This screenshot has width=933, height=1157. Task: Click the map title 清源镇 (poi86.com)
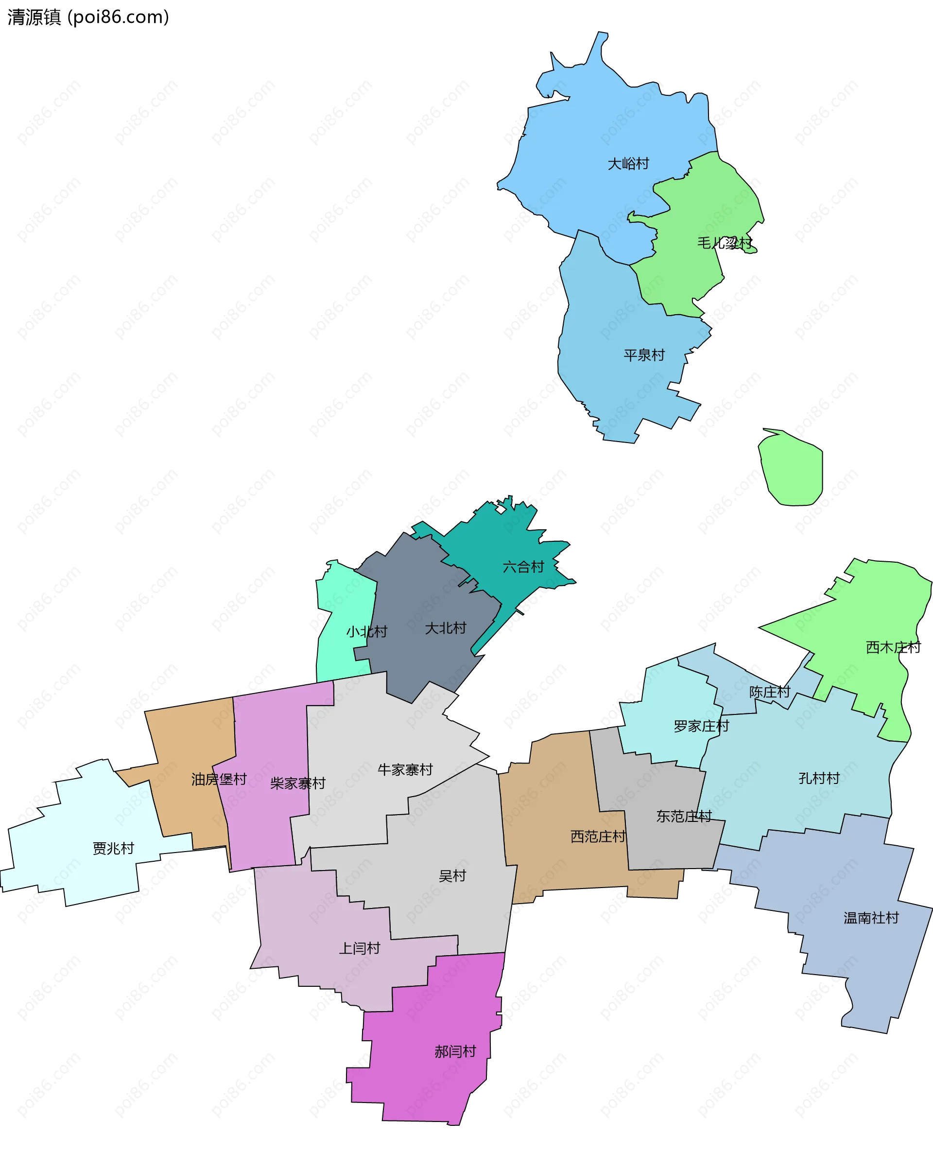tap(88, 17)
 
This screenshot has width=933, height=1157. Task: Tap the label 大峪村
tap(628, 163)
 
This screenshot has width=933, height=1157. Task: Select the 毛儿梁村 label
tap(724, 243)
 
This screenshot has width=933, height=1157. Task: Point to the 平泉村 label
tap(644, 355)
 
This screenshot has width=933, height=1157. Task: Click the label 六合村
tap(523, 567)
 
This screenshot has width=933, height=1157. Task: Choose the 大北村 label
tap(445, 628)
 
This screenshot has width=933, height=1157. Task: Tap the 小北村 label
tap(366, 631)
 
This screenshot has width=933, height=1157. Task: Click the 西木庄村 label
tap(893, 647)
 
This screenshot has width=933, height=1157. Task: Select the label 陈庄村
tap(770, 692)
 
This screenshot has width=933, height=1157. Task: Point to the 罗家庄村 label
tap(701, 726)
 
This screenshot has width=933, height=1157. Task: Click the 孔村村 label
tap(818, 778)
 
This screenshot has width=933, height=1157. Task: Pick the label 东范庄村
tap(684, 817)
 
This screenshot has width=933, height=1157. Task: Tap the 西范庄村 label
tap(598, 837)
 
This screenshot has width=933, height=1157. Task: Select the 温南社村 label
tap(871, 918)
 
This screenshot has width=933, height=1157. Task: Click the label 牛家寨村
tap(405, 770)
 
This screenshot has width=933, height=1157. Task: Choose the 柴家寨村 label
tap(298, 783)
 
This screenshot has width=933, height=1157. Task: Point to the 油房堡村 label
tap(219, 780)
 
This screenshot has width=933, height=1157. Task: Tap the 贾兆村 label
tap(113, 849)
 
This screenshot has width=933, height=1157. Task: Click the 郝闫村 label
tap(455, 1051)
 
